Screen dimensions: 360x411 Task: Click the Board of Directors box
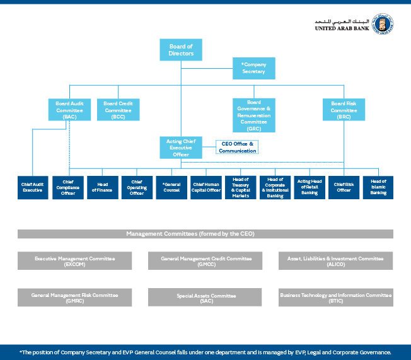click(181, 50)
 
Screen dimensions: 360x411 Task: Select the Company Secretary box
click(253, 68)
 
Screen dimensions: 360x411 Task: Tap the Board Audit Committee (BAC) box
click(69, 110)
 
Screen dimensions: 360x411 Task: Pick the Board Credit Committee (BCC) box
click(118, 110)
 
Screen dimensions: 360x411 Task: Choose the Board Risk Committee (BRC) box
click(344, 110)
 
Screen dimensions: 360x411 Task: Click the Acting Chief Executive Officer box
click(181, 148)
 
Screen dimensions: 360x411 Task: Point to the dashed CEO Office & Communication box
click(237, 148)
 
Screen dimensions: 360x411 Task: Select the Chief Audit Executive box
click(33, 187)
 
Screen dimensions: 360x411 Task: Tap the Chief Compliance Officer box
click(67, 187)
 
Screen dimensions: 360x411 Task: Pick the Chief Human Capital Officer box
click(206, 187)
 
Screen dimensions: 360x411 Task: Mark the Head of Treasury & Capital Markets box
click(240, 187)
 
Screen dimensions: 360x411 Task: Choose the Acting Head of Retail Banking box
click(310, 187)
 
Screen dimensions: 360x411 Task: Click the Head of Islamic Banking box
click(378, 187)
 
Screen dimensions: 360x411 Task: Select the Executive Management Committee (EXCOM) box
click(74, 260)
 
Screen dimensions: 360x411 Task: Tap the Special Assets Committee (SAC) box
click(205, 297)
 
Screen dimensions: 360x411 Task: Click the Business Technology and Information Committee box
click(335, 297)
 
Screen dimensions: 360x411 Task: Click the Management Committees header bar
click(205, 234)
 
